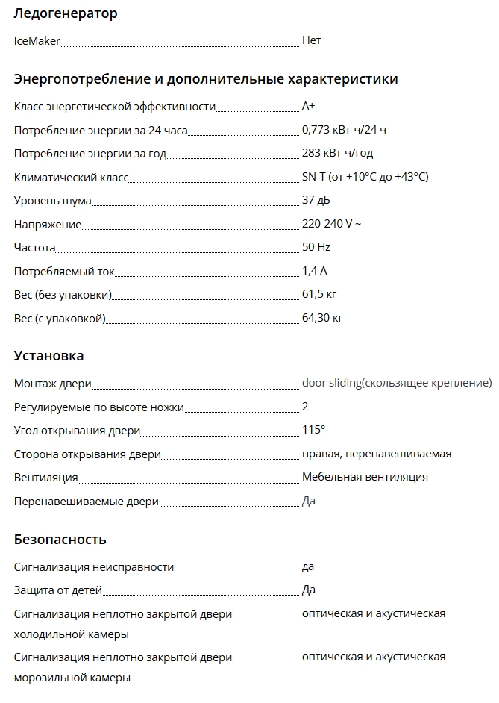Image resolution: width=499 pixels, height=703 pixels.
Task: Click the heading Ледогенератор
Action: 66,13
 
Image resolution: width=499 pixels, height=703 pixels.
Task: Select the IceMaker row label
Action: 37,40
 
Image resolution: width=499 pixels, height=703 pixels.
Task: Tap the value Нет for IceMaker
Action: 311,40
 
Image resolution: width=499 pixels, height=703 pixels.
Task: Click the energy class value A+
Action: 308,107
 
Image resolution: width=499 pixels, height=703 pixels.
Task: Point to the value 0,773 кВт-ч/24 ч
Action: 344,130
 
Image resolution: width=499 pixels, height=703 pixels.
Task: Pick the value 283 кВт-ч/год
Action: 337,154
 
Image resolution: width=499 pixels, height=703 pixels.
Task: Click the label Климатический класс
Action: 72,178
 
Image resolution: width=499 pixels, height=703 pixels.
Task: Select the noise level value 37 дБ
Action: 316,201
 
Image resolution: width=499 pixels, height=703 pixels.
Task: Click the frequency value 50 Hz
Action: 316,247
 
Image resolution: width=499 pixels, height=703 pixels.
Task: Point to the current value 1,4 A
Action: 315,271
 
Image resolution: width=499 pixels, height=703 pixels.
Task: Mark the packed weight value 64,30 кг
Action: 322,319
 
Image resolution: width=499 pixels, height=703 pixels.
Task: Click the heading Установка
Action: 49,356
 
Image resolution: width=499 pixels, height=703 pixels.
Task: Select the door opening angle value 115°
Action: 313,430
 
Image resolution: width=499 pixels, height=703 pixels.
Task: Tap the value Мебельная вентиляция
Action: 365,477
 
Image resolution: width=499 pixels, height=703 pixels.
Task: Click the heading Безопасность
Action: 60,540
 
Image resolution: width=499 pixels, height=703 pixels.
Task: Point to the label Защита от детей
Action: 58,590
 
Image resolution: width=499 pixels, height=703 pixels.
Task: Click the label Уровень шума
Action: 53,201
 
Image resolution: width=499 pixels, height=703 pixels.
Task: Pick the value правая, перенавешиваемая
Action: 377,454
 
